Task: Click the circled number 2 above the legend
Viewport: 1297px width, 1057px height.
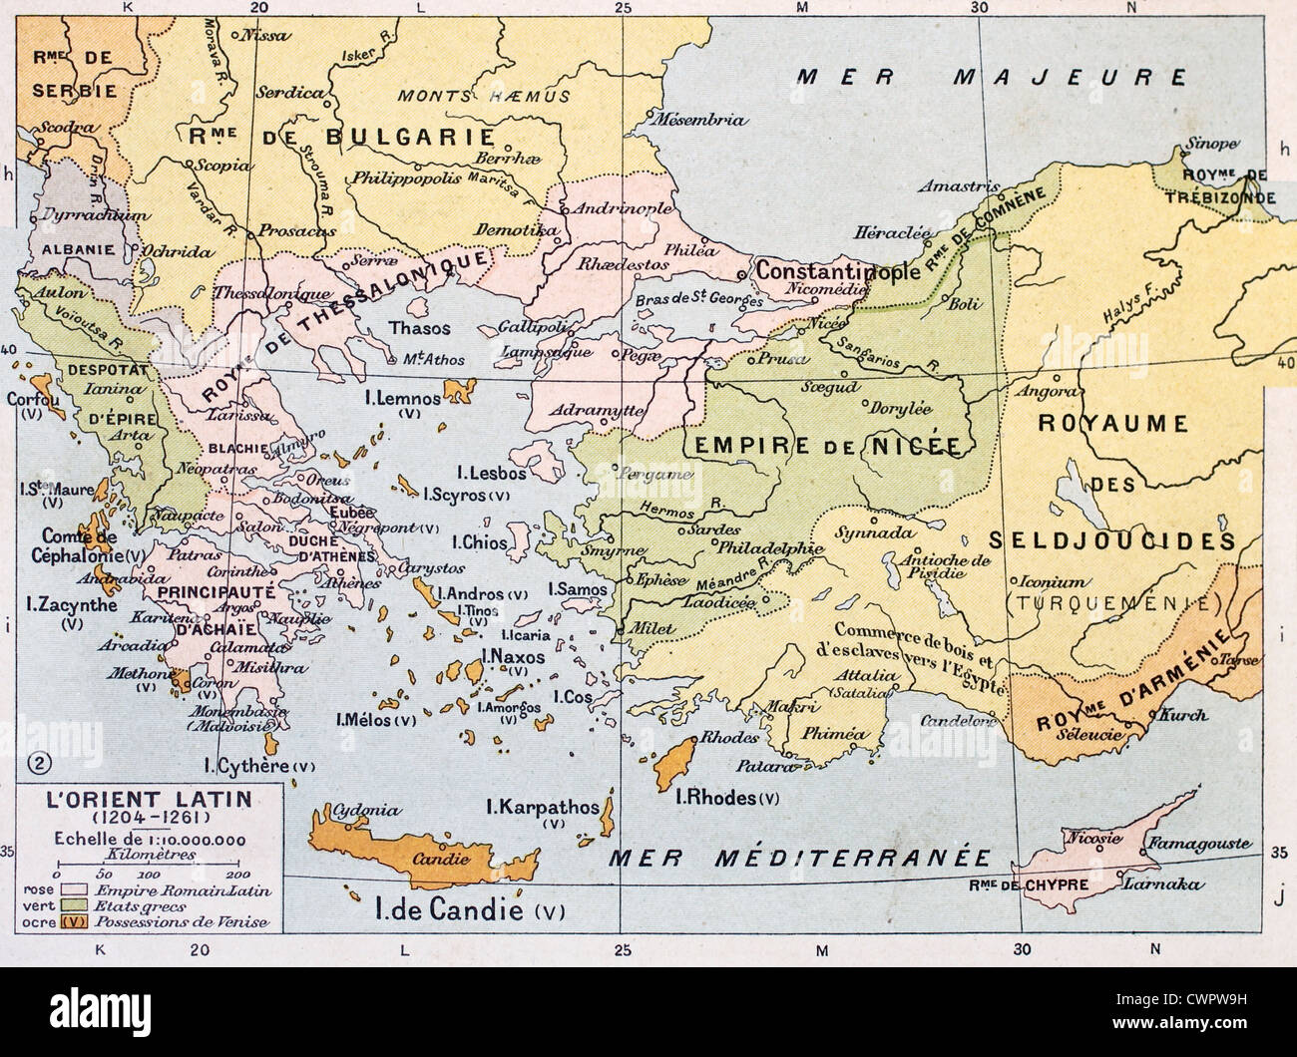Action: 34,764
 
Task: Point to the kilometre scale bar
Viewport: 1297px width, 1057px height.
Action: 150,867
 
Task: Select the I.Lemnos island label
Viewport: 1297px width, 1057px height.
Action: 403,399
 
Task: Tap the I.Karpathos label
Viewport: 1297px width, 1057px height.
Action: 543,807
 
